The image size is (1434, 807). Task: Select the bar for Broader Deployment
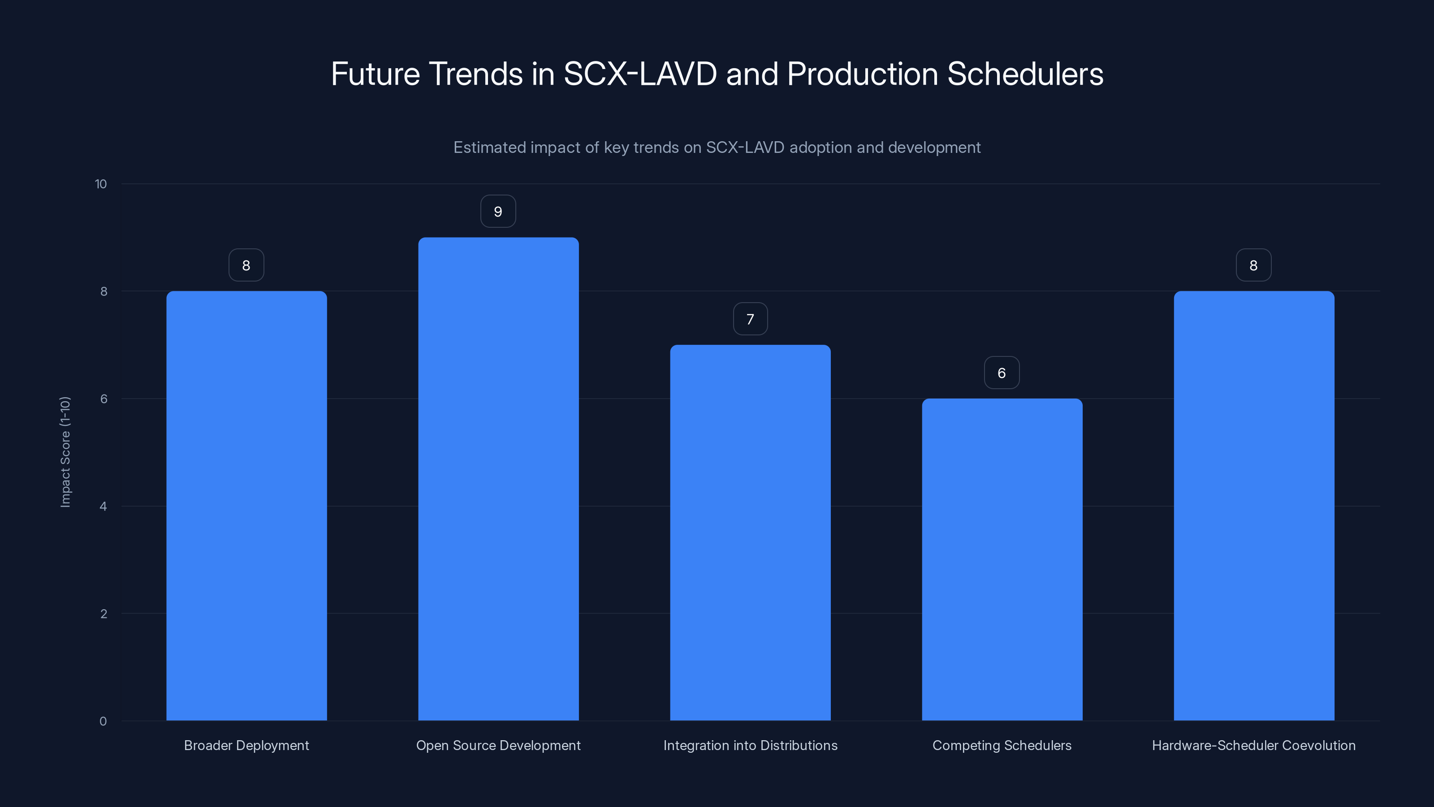pos(246,506)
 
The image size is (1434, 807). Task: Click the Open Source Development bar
pos(498,479)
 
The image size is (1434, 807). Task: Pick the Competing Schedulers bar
pos(1002,559)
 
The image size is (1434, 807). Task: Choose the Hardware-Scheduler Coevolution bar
pos(1254,506)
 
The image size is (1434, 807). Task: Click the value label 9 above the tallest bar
pos(498,212)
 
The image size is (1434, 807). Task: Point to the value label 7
pos(751,319)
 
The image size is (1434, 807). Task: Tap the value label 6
pos(1002,373)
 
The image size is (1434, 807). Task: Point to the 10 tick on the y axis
pos(101,184)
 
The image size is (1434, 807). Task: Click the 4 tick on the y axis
pos(104,506)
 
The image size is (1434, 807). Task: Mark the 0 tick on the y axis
pos(103,721)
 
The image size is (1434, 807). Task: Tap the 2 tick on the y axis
pos(104,614)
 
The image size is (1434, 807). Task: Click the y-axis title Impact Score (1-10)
pos(65,451)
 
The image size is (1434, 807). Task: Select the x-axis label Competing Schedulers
pos(1002,745)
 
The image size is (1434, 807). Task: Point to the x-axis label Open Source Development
pos(498,745)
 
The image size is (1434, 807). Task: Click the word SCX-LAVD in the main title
pos(640,74)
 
